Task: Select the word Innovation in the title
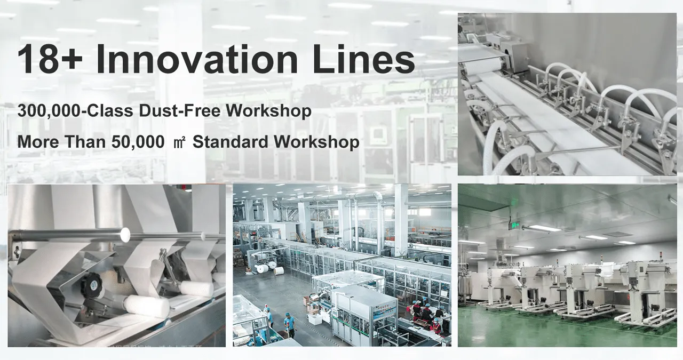click(197, 60)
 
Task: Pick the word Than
click(82, 142)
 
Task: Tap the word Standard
click(231, 142)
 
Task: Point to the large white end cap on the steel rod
click(124, 234)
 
